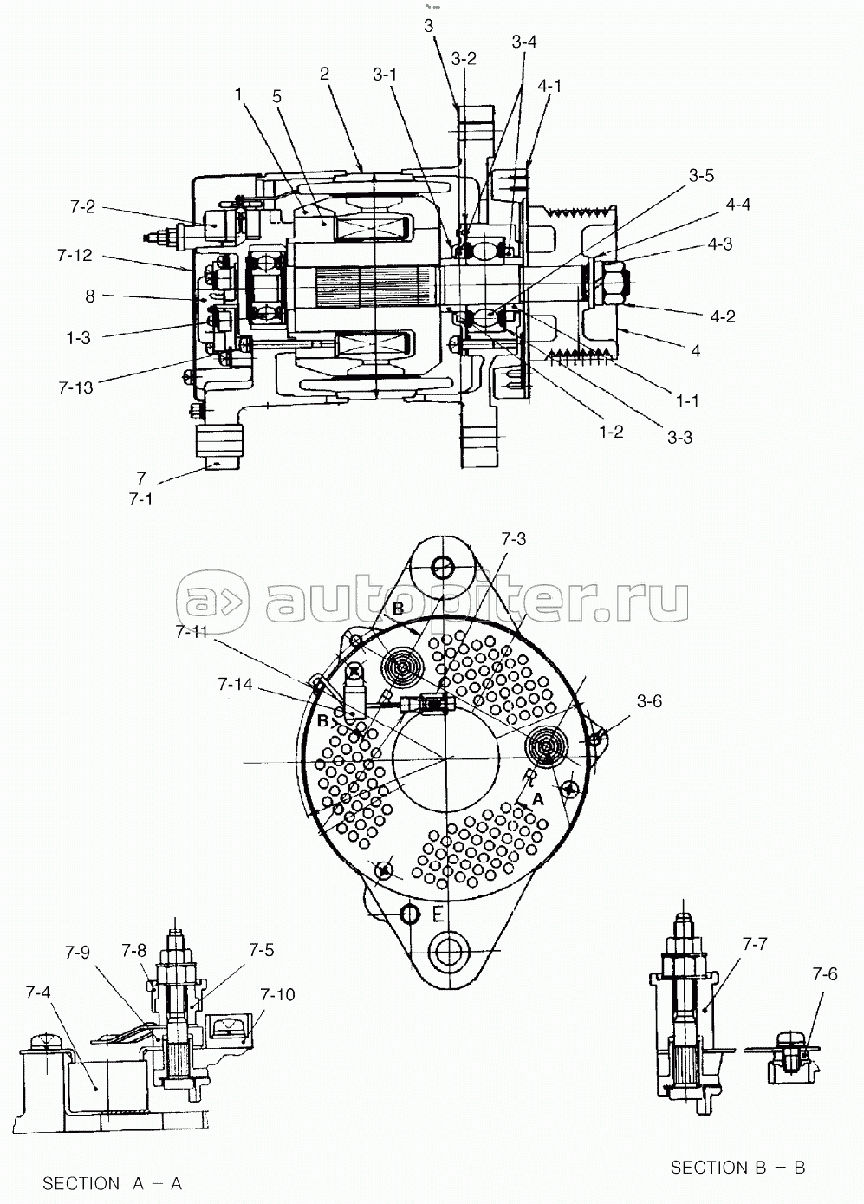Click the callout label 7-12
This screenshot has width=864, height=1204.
point(75,256)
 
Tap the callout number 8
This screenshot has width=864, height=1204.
point(90,296)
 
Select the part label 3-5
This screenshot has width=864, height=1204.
point(702,175)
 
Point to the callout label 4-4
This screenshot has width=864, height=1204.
point(738,205)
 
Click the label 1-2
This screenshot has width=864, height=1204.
point(610,432)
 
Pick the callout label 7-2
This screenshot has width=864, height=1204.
point(82,207)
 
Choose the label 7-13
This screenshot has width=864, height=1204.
point(75,387)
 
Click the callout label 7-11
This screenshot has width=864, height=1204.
point(192,632)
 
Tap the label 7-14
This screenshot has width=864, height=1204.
point(236,684)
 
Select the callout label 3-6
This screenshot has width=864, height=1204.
point(650,701)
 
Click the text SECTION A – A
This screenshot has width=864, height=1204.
point(113,1184)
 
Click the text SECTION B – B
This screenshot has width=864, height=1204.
point(737,1167)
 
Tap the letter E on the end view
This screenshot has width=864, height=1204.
point(438,914)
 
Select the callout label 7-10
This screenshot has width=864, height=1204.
point(278,995)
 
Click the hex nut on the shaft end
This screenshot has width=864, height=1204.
point(615,282)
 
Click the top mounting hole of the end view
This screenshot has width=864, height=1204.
point(444,565)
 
